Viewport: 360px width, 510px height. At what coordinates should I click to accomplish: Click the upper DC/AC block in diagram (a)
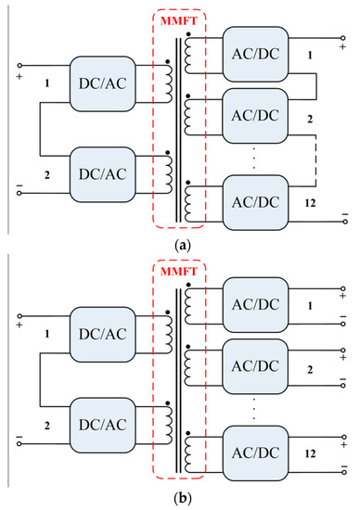pos(104,76)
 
